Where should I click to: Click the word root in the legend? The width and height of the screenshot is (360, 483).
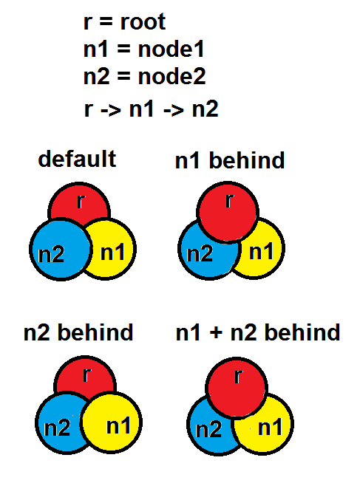(143, 22)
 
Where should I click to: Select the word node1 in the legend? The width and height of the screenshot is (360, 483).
(171, 49)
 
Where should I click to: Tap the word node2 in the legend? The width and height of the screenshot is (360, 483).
(171, 76)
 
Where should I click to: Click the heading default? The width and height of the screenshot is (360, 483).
(77, 159)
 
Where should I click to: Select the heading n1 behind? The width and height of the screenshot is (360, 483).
(230, 160)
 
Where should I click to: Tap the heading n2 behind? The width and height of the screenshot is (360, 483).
(78, 332)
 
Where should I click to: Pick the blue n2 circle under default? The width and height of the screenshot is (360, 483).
(61, 249)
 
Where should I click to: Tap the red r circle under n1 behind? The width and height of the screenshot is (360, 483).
(228, 212)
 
